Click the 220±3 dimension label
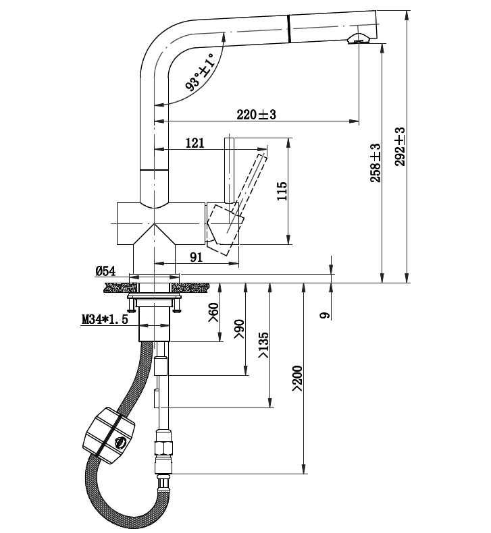tap(257, 115)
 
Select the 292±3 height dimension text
tap(400, 146)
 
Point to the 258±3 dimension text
tap(376, 162)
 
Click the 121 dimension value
tap(195, 142)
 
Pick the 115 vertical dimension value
tap(282, 192)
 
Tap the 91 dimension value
tap(197, 257)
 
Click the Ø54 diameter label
tap(106, 271)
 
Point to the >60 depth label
tap(214, 312)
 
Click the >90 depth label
tap(238, 328)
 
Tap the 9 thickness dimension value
tap(325, 314)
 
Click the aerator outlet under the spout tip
tap(358, 41)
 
